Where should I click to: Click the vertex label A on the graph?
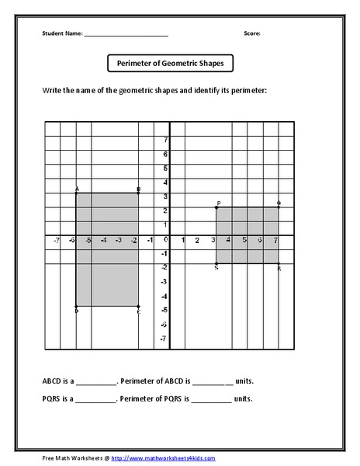tap(77, 190)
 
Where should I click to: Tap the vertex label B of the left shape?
tap(138, 190)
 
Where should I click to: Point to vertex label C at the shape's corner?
tap(138, 311)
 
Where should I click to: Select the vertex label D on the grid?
tap(77, 311)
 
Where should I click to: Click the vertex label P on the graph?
tap(218, 203)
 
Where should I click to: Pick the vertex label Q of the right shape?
tap(279, 203)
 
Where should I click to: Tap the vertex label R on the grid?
tap(279, 268)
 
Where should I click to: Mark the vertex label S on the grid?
tap(216, 268)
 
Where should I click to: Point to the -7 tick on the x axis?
tap(57, 240)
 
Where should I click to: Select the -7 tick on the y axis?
tap(163, 339)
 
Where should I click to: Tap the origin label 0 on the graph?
tap(165, 240)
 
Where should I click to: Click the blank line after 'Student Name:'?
tap(126, 35)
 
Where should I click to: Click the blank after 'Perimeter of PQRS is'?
tap(211, 400)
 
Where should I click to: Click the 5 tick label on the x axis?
tap(244, 240)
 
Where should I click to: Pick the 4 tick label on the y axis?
tap(164, 183)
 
